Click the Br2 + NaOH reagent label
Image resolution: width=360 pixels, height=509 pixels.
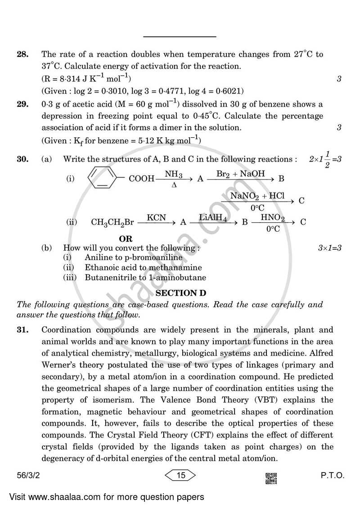click(240, 173)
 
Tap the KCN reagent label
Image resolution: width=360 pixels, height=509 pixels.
click(156, 218)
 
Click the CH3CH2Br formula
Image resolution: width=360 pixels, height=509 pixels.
click(112, 222)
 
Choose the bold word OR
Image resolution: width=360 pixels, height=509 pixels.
click(126, 239)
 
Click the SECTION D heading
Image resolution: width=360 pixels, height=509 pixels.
click(180, 293)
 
